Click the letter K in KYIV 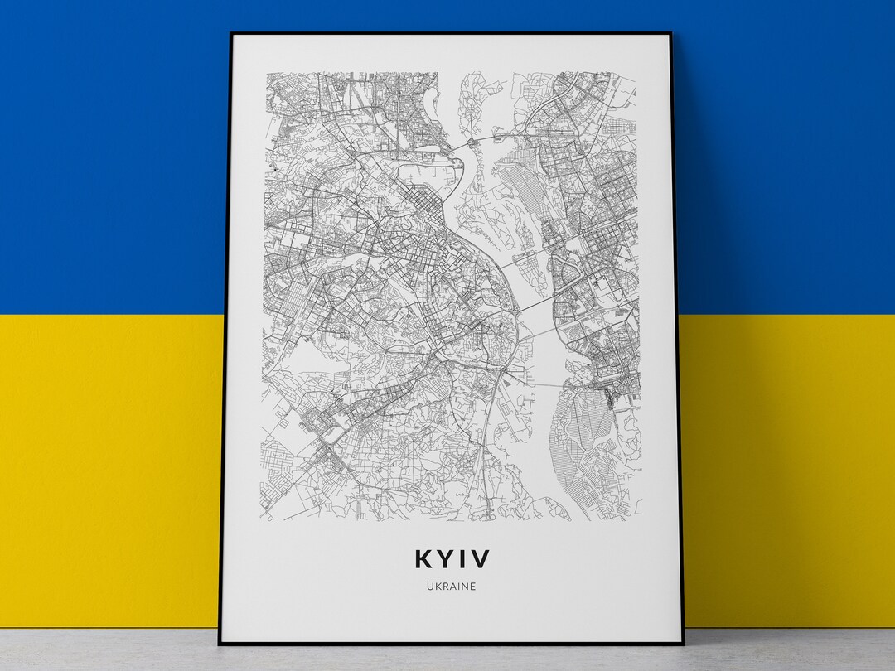click(x=423, y=559)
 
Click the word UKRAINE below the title click(x=452, y=587)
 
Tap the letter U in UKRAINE click(x=431, y=587)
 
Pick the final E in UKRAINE click(x=473, y=587)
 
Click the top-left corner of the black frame click(x=231, y=33)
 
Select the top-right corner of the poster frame click(x=668, y=33)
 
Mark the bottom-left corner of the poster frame click(x=219, y=644)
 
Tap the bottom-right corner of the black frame click(x=682, y=644)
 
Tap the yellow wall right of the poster click(x=787, y=464)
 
